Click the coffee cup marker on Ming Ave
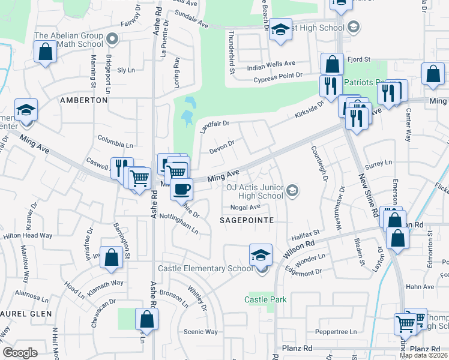[181, 188]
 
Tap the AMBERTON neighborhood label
[84, 100]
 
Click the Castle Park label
[265, 299]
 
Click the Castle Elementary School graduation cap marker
[261, 254]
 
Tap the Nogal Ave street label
[245, 207]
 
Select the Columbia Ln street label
[115, 145]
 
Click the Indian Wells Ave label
[272, 64]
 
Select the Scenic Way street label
[200, 331]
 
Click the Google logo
[20, 353]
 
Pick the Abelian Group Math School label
[68, 40]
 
